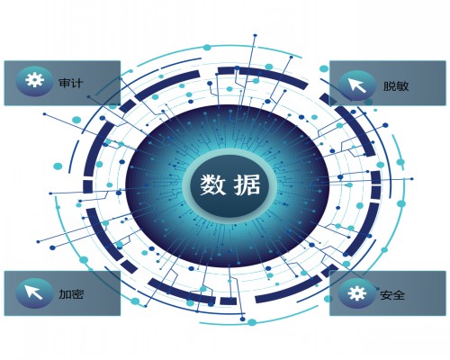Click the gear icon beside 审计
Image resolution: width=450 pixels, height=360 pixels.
34,81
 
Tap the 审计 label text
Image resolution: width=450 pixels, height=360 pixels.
71,83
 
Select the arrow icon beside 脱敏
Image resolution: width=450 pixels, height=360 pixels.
356,85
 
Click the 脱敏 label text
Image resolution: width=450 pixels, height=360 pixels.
396,86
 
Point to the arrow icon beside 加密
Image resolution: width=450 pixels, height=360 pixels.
34,293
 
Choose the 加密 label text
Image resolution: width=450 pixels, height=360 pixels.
71,294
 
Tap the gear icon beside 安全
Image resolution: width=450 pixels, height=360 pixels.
357,293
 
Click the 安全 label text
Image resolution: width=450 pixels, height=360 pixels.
392,295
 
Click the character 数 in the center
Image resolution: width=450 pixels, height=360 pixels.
212,184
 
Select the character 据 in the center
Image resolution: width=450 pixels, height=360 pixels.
247,184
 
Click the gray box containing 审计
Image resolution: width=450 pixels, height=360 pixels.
62,83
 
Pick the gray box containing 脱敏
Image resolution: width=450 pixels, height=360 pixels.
388,83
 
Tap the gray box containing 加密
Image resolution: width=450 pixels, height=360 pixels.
62,293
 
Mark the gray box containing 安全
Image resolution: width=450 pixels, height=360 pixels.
388,293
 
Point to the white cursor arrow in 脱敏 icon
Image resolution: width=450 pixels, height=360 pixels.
356,85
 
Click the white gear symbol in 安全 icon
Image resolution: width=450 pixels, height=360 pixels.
357,292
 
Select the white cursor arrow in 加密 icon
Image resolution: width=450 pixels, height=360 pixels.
33,292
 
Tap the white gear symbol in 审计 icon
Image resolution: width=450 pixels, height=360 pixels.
34,80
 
